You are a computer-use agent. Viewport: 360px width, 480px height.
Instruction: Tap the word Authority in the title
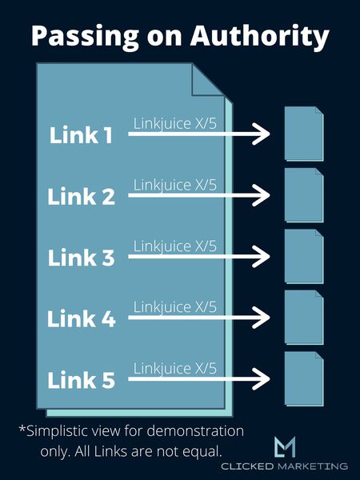coord(259,37)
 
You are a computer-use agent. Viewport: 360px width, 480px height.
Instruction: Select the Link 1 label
coord(81,135)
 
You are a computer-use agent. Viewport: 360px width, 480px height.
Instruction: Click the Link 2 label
coord(81,196)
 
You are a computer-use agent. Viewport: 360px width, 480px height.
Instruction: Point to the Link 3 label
coord(81,258)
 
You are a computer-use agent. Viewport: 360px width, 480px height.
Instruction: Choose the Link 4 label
coord(81,318)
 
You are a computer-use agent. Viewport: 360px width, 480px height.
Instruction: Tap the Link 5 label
coord(81,379)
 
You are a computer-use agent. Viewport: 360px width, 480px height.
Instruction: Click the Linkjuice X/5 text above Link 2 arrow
coord(174,186)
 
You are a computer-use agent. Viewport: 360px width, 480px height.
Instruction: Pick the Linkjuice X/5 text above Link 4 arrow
coord(174,307)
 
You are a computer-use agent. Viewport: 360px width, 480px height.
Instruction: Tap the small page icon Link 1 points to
coord(304,134)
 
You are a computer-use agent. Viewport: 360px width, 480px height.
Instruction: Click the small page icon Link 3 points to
coord(304,256)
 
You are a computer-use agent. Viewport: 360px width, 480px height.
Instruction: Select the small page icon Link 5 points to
coord(304,378)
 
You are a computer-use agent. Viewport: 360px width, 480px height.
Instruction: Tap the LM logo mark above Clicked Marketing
coord(285,446)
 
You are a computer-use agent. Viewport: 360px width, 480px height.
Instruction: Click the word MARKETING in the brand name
coord(313,466)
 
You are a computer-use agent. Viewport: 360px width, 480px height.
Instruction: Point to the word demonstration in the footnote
coord(195,431)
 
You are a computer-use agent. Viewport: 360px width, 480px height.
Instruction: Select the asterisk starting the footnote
coord(22,428)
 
